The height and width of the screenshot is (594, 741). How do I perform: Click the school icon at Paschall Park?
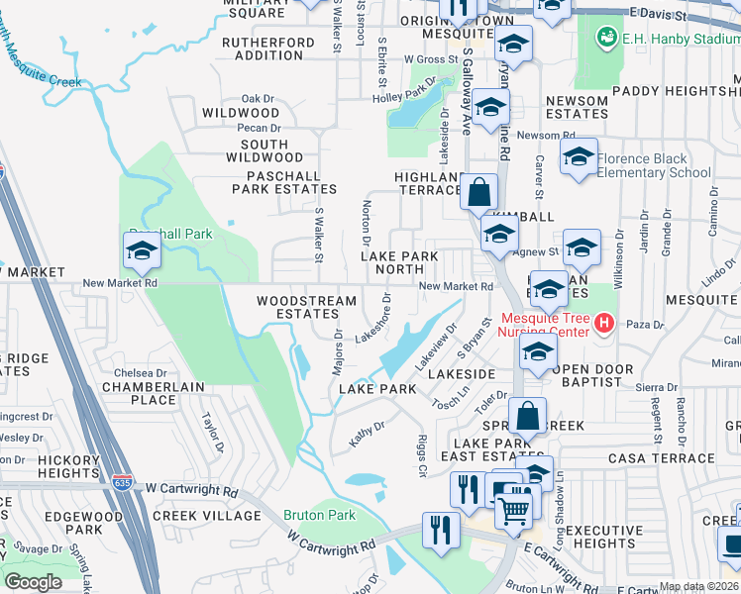coord(143,251)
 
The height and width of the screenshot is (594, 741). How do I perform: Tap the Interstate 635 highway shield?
coord(122,482)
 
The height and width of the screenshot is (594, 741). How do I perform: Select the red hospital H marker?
coord(603,323)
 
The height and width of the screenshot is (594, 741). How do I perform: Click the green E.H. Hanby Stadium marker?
coord(606,38)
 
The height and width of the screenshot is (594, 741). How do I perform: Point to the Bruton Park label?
coord(319,515)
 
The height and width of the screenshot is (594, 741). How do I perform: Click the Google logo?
coord(34,582)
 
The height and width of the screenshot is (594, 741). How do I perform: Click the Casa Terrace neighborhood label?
coord(661,458)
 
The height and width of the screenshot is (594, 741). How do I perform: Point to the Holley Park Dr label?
coord(404,96)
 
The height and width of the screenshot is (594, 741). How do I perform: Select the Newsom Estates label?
coord(576,108)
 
